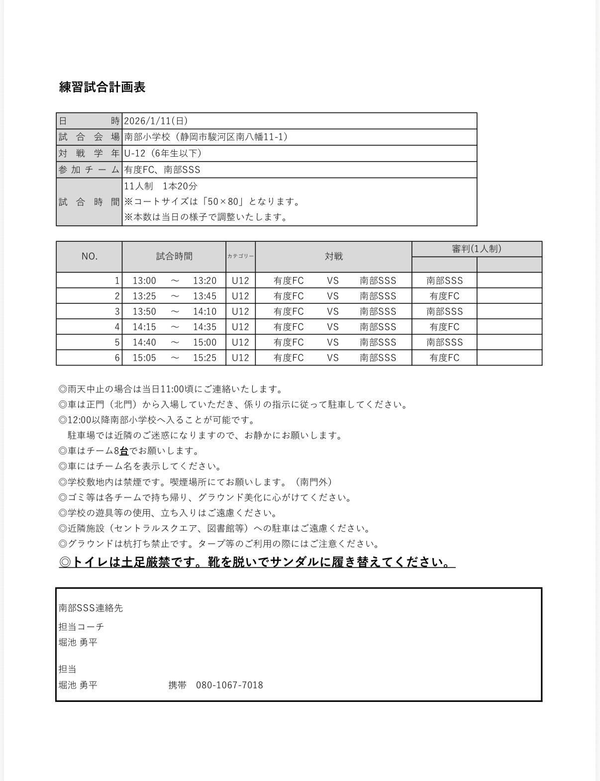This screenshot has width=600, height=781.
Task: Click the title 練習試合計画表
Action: (x=102, y=87)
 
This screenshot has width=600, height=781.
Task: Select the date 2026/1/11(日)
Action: (x=156, y=121)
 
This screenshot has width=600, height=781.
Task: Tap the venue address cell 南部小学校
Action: (x=206, y=137)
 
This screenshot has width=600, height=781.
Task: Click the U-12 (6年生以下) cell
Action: (x=163, y=153)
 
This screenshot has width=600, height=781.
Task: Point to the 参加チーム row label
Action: (x=89, y=170)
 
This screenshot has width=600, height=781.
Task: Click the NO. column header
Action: (x=90, y=256)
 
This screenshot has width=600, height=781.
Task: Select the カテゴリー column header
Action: (x=240, y=256)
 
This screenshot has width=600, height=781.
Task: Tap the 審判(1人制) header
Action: (x=476, y=249)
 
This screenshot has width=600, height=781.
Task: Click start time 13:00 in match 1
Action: (x=144, y=281)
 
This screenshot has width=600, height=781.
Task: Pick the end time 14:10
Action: (x=205, y=311)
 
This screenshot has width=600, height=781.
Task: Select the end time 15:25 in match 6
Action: (x=205, y=358)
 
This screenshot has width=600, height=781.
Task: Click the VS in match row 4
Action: (x=333, y=327)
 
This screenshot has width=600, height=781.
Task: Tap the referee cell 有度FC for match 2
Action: (x=444, y=296)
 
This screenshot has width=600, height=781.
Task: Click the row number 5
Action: (x=117, y=342)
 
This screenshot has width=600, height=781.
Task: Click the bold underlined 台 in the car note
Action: (x=124, y=451)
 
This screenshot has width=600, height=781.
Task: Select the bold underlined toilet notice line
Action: (x=257, y=562)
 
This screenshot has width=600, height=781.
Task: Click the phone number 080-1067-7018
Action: (x=229, y=685)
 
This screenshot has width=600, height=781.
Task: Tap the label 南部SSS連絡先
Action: (x=91, y=608)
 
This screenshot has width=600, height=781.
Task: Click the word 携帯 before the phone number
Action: (x=177, y=685)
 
